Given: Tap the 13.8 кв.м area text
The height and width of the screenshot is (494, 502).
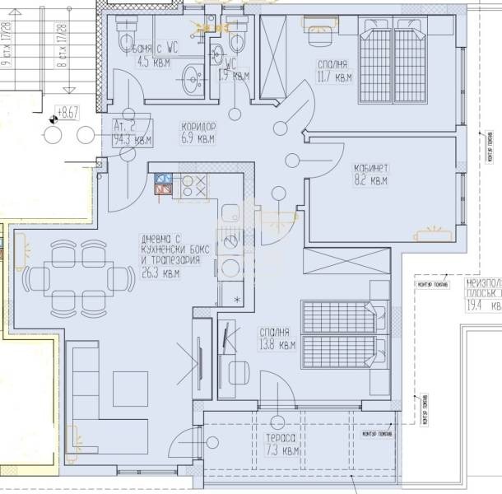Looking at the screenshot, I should tap(276, 345).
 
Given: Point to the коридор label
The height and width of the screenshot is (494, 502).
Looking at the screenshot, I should tap(198, 128).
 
